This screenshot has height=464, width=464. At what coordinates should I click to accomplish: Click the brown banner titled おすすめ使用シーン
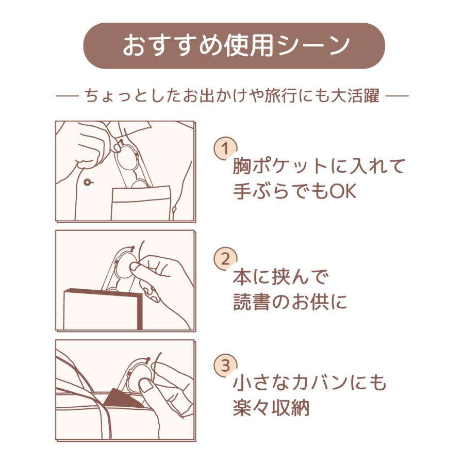pos(234,46)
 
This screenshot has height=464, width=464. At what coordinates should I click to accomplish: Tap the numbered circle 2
pos(225,259)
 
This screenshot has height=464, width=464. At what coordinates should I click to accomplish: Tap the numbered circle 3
pos(225,366)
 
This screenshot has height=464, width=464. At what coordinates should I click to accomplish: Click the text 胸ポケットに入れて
pos(319,167)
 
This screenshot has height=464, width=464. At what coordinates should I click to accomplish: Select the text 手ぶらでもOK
pos(294,192)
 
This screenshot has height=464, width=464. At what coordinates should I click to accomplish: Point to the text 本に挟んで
pos(280,277)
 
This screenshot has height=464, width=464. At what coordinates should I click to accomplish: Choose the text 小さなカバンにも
pos(309,383)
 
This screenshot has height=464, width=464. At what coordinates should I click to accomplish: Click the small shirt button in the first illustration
pos(87,181)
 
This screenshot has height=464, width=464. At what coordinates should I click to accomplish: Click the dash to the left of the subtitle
pos(67,97)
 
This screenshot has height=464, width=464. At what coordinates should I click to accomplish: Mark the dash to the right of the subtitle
pos(397,97)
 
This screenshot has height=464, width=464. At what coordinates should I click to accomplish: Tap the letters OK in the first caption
pos(343,192)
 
